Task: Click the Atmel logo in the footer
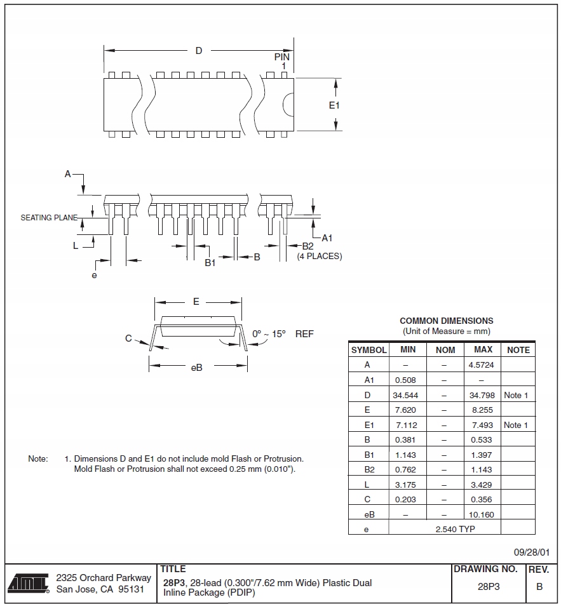(x=29, y=583)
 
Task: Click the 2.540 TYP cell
(x=455, y=528)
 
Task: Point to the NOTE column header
(x=518, y=350)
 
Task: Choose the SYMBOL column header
(x=368, y=350)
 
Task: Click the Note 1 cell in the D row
(x=516, y=395)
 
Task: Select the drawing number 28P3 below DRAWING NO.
(x=489, y=587)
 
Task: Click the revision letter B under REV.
(x=539, y=587)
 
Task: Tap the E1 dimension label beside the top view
(x=334, y=105)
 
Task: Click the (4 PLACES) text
(x=320, y=257)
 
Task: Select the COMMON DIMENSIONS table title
(x=446, y=321)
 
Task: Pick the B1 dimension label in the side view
(x=210, y=262)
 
